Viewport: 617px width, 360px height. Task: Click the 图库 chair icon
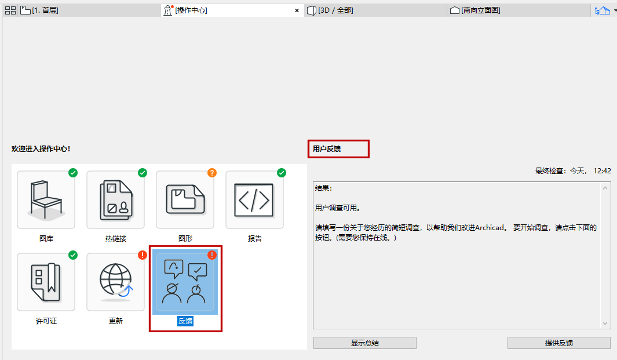pos(46,200)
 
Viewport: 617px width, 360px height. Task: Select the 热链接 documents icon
pos(115,200)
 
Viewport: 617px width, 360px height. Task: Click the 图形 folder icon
pos(185,200)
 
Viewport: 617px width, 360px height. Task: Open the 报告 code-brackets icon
pos(254,200)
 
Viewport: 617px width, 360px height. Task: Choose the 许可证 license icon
pos(46,282)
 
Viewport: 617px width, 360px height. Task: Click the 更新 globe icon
pos(115,282)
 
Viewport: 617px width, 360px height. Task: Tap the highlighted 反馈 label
pos(185,321)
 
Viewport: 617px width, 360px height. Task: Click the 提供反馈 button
pos(558,343)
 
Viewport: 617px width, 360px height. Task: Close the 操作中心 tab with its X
pos(297,10)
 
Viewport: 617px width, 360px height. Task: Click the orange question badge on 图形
pos(212,173)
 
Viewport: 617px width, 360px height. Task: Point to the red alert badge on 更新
pos(143,254)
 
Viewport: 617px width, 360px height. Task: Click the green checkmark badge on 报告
pos(282,173)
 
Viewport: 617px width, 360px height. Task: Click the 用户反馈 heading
pos(327,149)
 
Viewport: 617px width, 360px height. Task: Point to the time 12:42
pos(603,171)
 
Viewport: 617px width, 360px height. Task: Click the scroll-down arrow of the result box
pos(606,323)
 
